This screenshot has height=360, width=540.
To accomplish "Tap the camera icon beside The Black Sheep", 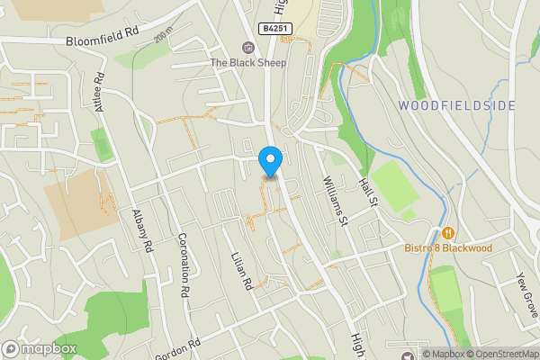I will [x=247, y=47].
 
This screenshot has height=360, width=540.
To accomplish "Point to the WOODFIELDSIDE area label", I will [x=457, y=105].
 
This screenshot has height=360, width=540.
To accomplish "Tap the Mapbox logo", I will [x=40, y=348].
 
